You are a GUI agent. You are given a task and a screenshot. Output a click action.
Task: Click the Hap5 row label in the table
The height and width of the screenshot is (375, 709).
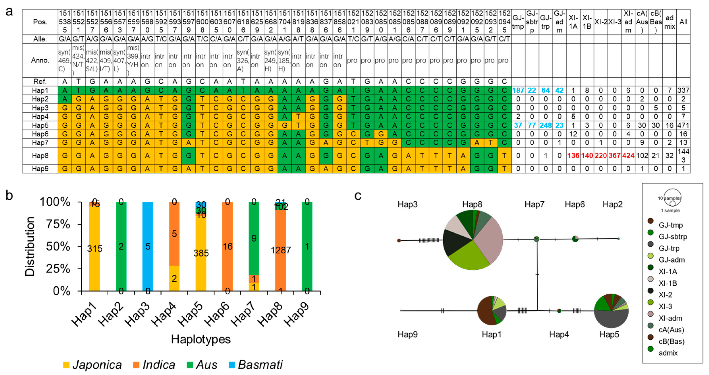(40, 125)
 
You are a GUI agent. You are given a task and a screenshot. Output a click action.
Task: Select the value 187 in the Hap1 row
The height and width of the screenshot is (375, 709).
(518, 90)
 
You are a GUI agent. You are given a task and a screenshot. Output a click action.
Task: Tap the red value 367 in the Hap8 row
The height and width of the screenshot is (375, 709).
(614, 156)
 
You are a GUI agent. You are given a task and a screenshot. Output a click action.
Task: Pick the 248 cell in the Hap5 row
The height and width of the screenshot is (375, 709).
(545, 125)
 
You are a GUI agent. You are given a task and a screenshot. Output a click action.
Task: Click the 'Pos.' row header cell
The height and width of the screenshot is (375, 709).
(40, 22)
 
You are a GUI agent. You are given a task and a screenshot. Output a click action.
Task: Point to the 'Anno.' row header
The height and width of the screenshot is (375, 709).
(40, 60)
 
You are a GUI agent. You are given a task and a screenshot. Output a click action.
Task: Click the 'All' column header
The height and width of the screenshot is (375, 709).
(683, 22)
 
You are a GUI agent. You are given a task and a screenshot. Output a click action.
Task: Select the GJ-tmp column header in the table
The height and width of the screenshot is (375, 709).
(518, 22)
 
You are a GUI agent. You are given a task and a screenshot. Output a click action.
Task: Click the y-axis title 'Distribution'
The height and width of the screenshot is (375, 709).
(30, 246)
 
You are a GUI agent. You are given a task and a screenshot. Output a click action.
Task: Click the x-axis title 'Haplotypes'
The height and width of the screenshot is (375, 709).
(201, 339)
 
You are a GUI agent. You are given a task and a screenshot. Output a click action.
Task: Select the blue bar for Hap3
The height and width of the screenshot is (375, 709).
(148, 246)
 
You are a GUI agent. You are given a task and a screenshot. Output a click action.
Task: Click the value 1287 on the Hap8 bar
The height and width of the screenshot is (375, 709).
(280, 250)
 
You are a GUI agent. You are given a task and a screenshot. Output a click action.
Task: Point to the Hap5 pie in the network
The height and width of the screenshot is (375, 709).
(611, 311)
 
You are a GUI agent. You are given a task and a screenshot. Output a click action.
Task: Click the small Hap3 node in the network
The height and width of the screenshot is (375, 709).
(399, 241)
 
